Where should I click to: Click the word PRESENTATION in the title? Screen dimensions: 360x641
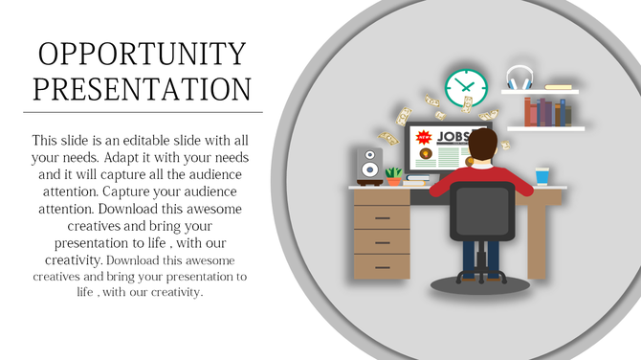click(x=142, y=88)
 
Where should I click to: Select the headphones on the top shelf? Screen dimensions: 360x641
click(x=519, y=78)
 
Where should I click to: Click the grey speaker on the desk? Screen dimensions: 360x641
click(x=369, y=166)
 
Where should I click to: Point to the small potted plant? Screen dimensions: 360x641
click(x=393, y=176)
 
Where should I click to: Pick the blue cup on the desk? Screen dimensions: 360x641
click(x=542, y=175)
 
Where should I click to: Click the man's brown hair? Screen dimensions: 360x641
click(x=484, y=146)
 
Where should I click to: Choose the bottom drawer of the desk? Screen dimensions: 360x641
click(x=382, y=265)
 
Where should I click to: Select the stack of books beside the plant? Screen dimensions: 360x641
click(x=418, y=178)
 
